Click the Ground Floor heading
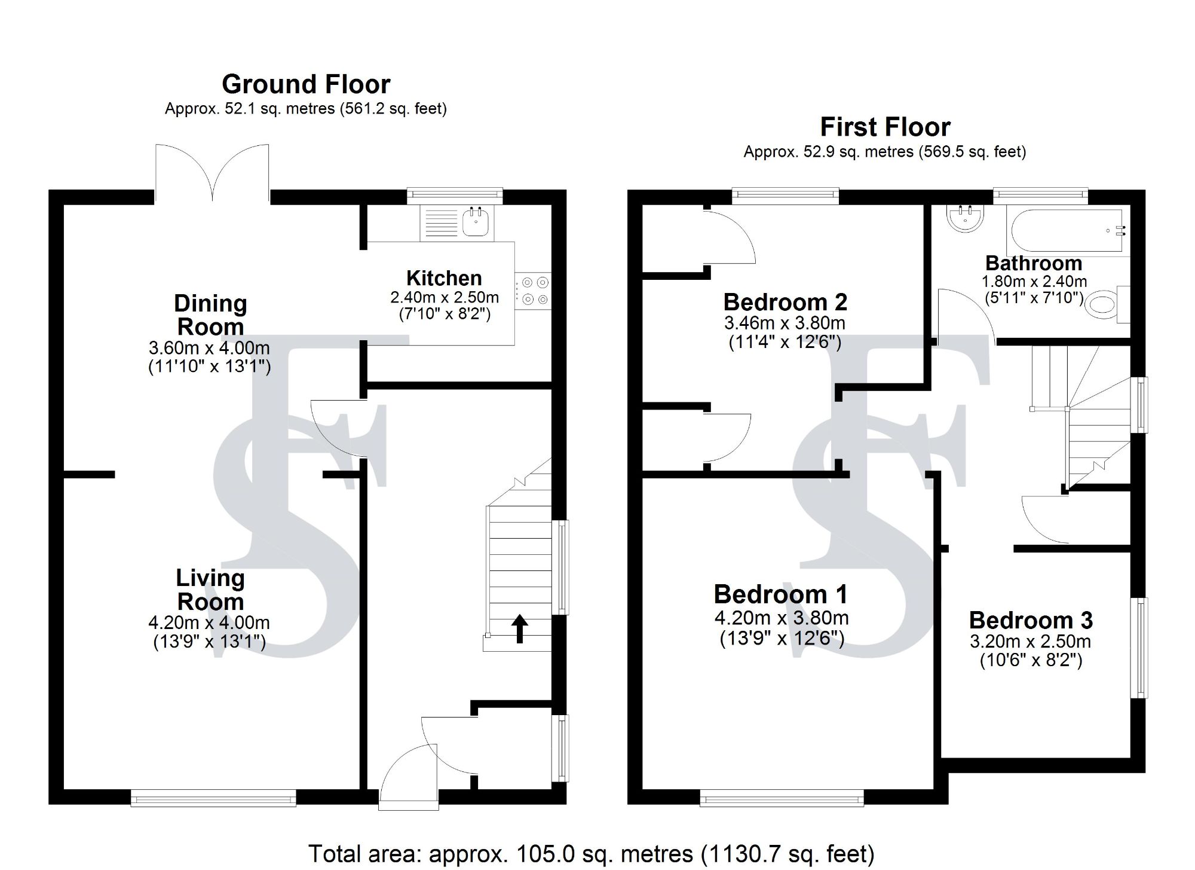306,84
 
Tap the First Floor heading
885,127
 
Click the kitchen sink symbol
476,222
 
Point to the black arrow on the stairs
520,628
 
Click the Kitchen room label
444,278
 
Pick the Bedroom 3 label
1031,620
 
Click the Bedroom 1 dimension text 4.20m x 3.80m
782,618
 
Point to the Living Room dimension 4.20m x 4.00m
209,622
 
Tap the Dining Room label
210,315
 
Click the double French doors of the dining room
212,173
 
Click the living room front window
213,798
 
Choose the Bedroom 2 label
785,302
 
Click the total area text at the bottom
591,853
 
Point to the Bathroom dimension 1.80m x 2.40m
1034,281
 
